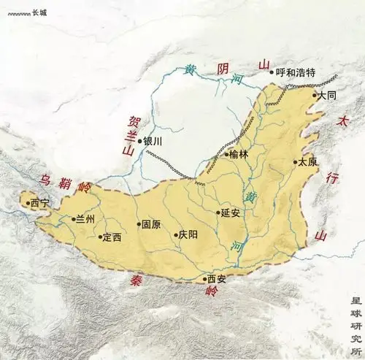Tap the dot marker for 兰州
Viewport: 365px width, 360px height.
[x=71, y=218]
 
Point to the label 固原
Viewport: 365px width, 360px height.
[x=151, y=225]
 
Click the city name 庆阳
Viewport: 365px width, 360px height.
[x=188, y=235]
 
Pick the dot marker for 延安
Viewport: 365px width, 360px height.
[x=218, y=213]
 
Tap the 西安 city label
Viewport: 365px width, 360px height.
[x=218, y=278]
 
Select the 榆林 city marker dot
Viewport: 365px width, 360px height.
[x=224, y=155]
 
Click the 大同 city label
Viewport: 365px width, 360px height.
[x=326, y=95]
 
